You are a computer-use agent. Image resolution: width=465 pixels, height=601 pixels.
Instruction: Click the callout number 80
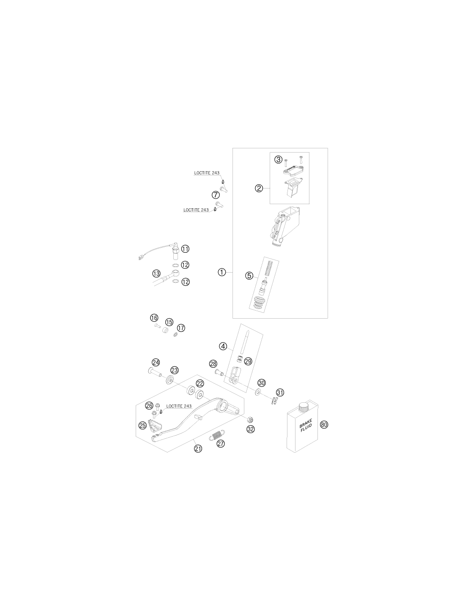(x=324, y=424)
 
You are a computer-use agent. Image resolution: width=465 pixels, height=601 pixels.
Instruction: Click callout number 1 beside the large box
(x=222, y=273)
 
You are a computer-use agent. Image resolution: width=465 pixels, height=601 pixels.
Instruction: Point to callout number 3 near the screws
(x=279, y=159)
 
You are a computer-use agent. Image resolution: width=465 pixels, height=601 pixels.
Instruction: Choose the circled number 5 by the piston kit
(x=249, y=276)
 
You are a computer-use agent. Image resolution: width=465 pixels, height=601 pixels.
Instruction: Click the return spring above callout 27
(x=217, y=436)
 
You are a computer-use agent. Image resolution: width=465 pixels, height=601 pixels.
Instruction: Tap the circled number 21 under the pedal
(x=198, y=448)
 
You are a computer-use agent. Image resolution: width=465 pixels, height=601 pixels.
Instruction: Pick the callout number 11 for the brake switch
(x=185, y=249)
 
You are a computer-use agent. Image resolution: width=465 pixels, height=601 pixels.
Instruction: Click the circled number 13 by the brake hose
(x=156, y=274)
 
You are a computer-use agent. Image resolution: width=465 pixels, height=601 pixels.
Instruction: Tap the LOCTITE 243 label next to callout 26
(x=179, y=406)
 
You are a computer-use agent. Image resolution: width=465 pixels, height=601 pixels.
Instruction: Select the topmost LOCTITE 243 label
(x=207, y=173)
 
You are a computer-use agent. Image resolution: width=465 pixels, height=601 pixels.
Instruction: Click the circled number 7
(x=216, y=195)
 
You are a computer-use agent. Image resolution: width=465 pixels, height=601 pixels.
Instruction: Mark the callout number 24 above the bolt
(x=156, y=362)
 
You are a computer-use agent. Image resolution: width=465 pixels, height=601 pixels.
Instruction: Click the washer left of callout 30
(x=258, y=392)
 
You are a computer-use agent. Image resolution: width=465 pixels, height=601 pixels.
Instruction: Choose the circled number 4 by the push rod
(x=223, y=346)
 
